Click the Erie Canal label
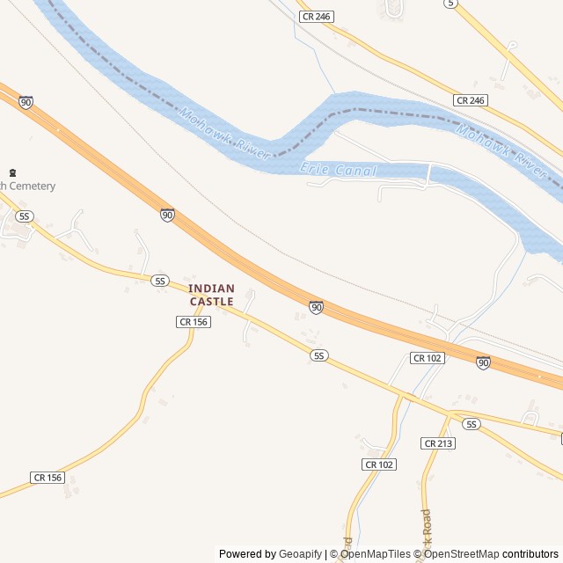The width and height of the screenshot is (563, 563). coord(339,170)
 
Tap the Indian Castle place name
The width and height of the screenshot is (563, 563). coord(211,295)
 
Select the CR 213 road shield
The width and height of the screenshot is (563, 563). coord(438,443)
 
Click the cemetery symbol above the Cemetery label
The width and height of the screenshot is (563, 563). coord(12,172)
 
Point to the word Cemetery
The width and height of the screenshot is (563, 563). coord(33,186)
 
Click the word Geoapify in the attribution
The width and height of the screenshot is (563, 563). coord(301,554)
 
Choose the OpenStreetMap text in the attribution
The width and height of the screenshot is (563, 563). coord(461,554)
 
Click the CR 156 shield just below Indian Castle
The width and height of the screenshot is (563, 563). coord(194,322)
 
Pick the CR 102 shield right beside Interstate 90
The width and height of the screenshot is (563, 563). coord(428,358)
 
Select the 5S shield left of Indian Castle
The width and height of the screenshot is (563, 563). coord(159,281)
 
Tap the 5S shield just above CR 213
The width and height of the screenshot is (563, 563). coord(472,424)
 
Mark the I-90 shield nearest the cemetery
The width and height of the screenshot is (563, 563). coord(26,103)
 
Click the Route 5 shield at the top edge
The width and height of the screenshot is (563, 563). coord(450,4)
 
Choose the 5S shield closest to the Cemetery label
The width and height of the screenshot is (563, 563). coord(25,216)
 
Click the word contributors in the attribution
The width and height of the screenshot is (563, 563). coord(530,554)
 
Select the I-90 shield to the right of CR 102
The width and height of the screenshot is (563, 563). coord(483,362)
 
